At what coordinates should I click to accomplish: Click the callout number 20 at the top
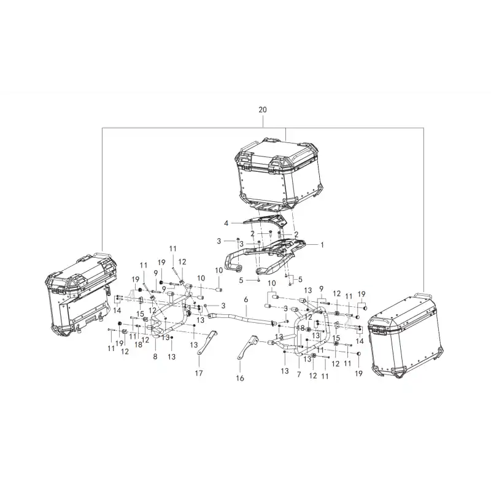[263, 110]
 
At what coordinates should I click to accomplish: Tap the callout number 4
[226, 223]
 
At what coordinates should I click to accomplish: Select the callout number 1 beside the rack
[322, 245]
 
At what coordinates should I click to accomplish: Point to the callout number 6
[246, 300]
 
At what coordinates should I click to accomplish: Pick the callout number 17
[199, 373]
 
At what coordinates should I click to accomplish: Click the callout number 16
[240, 378]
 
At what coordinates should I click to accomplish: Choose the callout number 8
[155, 357]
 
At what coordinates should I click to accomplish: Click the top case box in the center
[279, 172]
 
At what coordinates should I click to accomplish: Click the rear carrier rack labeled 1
[265, 255]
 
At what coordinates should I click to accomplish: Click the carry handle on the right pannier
[423, 296]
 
